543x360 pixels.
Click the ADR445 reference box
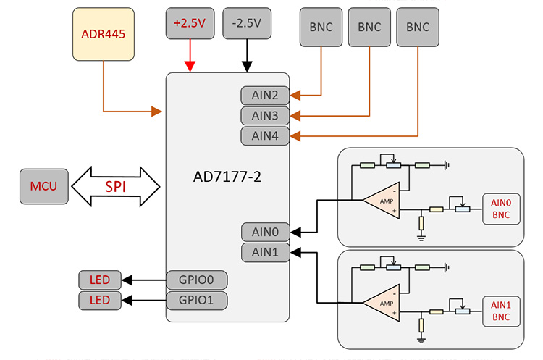104,34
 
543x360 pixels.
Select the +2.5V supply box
190,24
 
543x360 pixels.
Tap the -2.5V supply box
247,24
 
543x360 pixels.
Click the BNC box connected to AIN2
321,27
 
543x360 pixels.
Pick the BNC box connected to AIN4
418,27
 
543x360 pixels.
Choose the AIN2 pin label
265,96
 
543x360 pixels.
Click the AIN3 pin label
265,115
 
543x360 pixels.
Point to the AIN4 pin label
265,135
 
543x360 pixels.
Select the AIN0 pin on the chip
265,232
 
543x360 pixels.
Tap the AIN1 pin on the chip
265,252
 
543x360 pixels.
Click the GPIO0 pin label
197,280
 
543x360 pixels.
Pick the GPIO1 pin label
197,300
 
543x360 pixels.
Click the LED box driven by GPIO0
100,280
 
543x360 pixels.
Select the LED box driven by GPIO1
100,300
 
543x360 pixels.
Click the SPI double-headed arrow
116,186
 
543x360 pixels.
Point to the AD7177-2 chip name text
228,176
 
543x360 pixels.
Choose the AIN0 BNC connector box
501,209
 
